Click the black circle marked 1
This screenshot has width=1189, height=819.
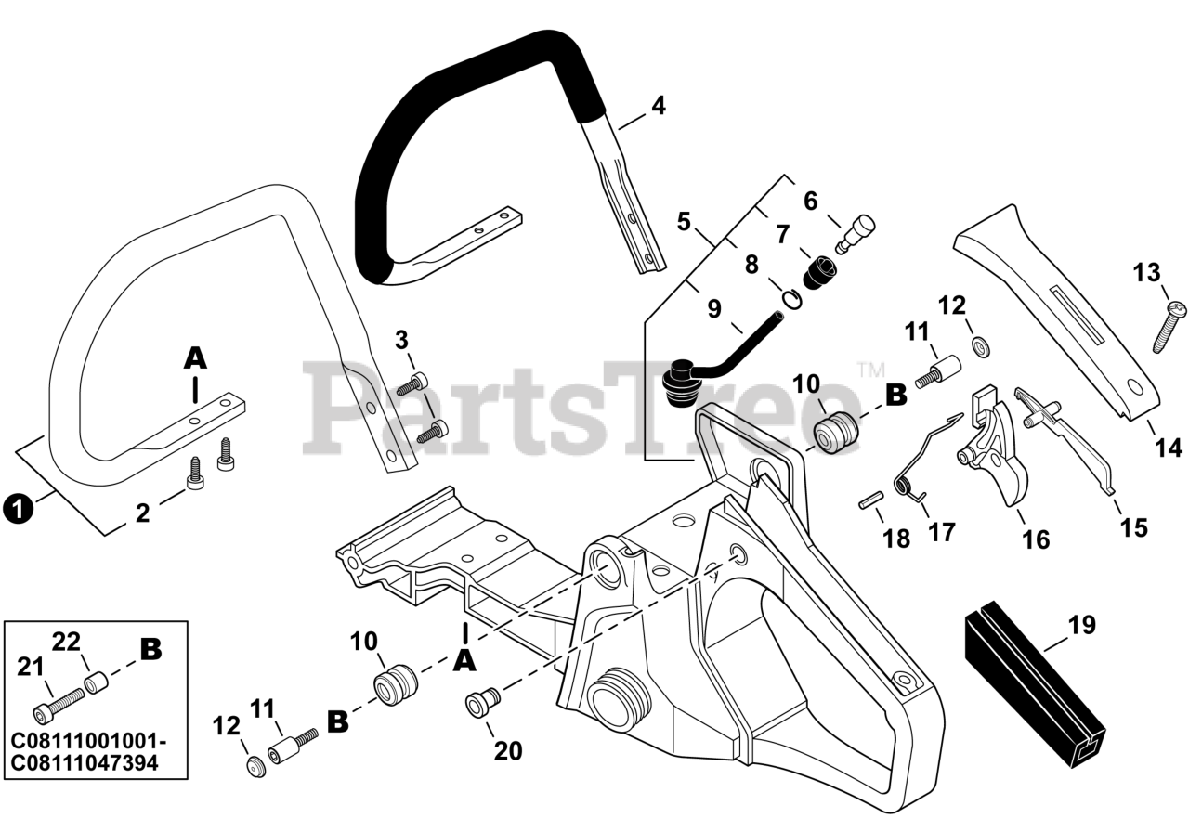tap(18, 509)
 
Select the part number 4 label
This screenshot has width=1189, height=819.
tap(658, 106)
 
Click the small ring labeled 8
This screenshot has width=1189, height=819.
tap(791, 299)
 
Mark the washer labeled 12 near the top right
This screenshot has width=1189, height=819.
tap(980, 346)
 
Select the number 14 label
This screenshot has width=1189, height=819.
tap(1169, 448)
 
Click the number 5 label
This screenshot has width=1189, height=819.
tap(684, 222)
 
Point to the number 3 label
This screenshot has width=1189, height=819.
tap(401, 340)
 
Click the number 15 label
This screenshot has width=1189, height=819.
tap(1133, 526)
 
